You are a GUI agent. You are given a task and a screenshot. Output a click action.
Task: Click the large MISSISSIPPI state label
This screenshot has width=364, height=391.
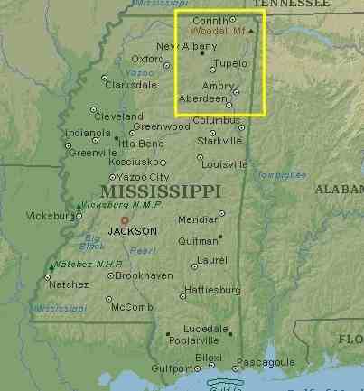161,191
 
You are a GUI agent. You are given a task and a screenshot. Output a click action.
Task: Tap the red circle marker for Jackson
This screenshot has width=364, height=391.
126,219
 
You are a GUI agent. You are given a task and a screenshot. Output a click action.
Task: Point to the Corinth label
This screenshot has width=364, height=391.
210,19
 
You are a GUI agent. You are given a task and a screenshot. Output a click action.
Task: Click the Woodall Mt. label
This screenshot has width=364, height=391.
219,31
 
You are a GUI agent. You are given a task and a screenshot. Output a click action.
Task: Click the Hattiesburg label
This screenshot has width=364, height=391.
211,290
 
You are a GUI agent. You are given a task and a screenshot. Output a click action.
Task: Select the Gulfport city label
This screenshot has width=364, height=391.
171,368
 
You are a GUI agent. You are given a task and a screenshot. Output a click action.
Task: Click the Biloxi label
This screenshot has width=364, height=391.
209,358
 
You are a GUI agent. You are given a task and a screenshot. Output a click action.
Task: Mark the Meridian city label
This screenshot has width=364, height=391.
199,219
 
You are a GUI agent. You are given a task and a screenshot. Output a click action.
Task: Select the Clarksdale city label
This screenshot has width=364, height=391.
131,85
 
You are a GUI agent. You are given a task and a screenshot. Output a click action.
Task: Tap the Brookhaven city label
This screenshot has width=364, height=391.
144,275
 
